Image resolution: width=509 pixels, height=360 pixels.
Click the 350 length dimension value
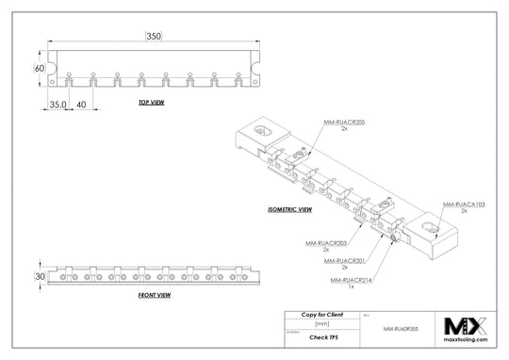[x=154, y=36]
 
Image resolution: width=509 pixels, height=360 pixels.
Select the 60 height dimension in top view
[x=40, y=69]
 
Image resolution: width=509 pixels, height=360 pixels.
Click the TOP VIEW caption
[x=154, y=102]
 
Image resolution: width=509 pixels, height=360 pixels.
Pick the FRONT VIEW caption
[x=154, y=296]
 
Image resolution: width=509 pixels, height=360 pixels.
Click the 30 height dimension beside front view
[x=40, y=276]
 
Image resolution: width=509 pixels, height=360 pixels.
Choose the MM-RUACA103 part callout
[x=466, y=205]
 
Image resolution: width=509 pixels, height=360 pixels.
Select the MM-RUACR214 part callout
[x=350, y=281]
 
